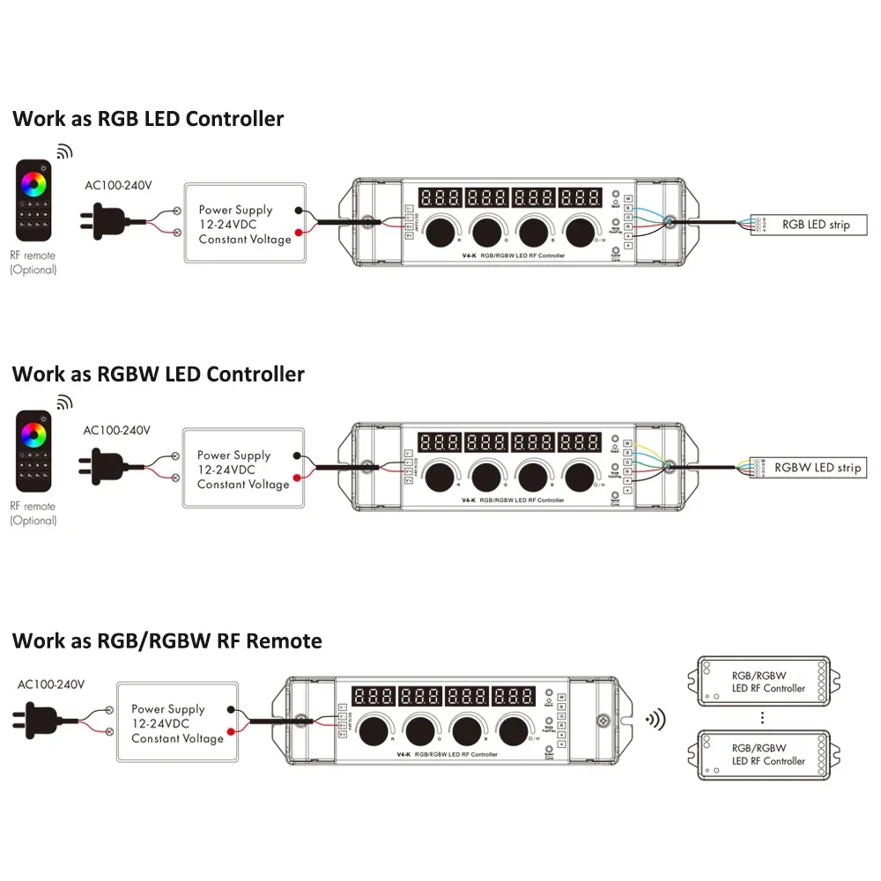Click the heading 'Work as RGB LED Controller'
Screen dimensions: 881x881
[x=148, y=119]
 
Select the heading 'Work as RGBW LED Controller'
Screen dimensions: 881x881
[x=159, y=374]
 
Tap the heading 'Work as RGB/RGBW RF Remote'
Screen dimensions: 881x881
[x=167, y=640]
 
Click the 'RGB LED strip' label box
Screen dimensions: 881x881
[x=816, y=225]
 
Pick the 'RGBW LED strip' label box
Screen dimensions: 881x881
[x=816, y=468]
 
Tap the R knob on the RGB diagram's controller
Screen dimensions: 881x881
[x=438, y=233]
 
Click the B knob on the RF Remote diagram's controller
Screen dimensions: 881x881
[x=464, y=729]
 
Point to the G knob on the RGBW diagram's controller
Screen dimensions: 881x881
[x=485, y=476]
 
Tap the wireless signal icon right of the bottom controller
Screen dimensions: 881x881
[x=656, y=720]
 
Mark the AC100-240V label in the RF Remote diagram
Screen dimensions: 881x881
[x=51, y=684]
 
